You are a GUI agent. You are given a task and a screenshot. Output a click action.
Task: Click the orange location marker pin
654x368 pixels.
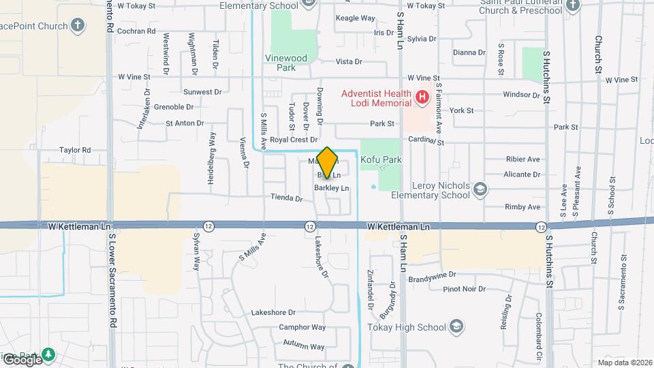pyautogui.click(x=328, y=161)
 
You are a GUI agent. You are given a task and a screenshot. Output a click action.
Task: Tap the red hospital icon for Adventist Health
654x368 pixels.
pyautogui.click(x=422, y=97)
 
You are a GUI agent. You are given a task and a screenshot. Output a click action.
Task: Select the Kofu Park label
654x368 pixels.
pyautogui.click(x=381, y=159)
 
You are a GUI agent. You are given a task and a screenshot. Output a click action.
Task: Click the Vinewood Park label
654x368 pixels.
pyautogui.click(x=291, y=63)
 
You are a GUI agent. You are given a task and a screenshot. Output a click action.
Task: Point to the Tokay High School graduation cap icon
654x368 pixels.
pyautogui.click(x=456, y=326)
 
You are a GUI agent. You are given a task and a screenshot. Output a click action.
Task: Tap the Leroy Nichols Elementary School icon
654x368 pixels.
pyautogui.click(x=480, y=189)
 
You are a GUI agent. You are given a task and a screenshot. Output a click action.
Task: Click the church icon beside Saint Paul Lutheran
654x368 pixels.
pyautogui.click(x=572, y=5)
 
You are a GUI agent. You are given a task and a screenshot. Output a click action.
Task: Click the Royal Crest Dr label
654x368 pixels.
pyautogui.click(x=294, y=139)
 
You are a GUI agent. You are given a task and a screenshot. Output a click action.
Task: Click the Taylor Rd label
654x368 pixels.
pyautogui.click(x=75, y=150)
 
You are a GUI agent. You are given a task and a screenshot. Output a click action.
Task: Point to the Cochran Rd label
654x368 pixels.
pyautogui.click(x=136, y=31)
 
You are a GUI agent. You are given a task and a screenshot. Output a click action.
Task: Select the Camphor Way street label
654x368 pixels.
pyautogui.click(x=302, y=327)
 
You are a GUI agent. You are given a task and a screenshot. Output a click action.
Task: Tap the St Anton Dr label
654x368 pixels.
pyautogui.click(x=185, y=123)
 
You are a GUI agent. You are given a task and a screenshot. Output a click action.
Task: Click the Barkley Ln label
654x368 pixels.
pyautogui.click(x=332, y=187)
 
